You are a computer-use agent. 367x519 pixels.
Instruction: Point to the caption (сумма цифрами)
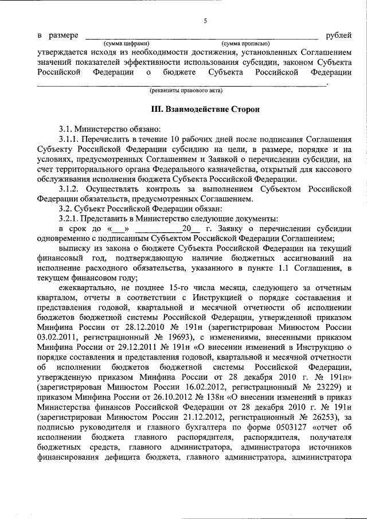click(x=127, y=44)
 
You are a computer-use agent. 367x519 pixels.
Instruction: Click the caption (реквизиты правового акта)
click(x=186, y=90)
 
